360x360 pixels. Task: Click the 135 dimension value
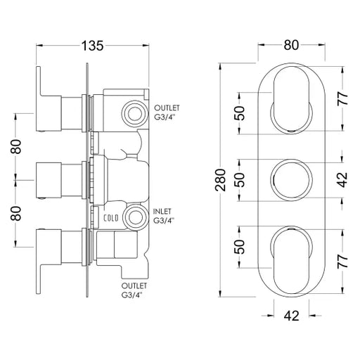point(92,46)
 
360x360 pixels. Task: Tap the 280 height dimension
point(221,180)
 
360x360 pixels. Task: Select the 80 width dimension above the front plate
point(291,45)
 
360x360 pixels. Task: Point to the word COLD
point(111,218)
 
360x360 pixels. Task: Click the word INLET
point(162,212)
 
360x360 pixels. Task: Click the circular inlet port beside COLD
point(135,218)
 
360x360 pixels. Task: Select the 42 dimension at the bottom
point(291,316)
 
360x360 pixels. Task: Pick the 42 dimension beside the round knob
point(343,180)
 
